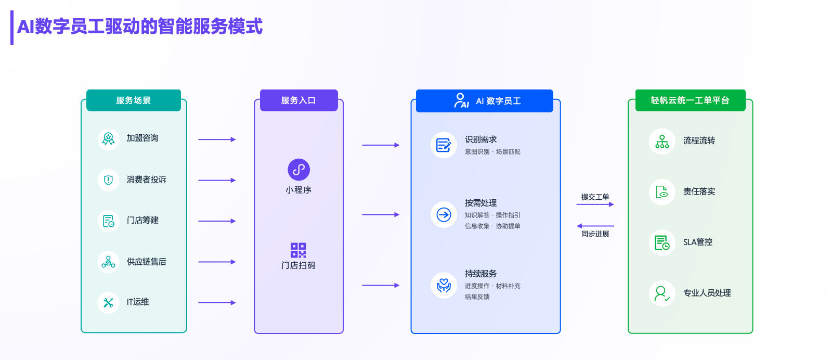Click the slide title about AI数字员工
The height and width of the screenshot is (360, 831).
pyautogui.click(x=140, y=27)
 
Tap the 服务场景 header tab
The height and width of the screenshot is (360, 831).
pyautogui.click(x=134, y=100)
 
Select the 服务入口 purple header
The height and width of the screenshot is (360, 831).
pyautogui.click(x=298, y=100)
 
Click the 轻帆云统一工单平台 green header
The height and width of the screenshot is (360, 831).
pyautogui.click(x=691, y=100)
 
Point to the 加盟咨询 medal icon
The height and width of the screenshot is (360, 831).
pyautogui.click(x=108, y=139)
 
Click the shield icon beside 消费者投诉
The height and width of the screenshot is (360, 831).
pyautogui.click(x=108, y=181)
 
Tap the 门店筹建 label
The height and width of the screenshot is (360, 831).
pyautogui.click(x=142, y=221)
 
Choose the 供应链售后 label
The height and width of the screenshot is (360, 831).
pyautogui.click(x=147, y=262)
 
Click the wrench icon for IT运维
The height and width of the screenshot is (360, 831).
pyautogui.click(x=108, y=303)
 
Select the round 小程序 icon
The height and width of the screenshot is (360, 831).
pyautogui.click(x=298, y=170)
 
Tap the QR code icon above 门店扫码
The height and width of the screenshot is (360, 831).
pyautogui.click(x=298, y=251)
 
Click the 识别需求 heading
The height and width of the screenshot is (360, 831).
pyautogui.click(x=481, y=139)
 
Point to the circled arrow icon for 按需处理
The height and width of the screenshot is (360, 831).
pyautogui.click(x=444, y=214)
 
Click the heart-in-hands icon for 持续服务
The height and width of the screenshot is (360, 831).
pyautogui.click(x=444, y=286)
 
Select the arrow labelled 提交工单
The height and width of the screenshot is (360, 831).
pyautogui.click(x=595, y=204)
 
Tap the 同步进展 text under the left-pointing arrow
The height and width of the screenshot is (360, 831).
pyautogui.click(x=595, y=234)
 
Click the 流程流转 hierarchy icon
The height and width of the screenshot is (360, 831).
pyautogui.click(x=662, y=142)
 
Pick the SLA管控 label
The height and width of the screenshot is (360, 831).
pyautogui.click(x=698, y=242)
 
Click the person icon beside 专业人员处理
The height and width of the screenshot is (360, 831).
pyautogui.click(x=662, y=293)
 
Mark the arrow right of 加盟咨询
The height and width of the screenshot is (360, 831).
pyautogui.click(x=217, y=139)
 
